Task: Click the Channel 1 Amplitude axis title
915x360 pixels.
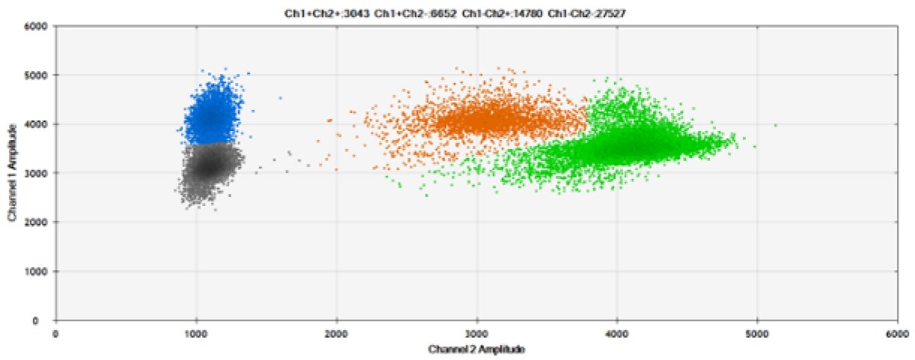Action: pos(13,173)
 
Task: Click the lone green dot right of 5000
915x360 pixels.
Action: pos(776,126)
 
